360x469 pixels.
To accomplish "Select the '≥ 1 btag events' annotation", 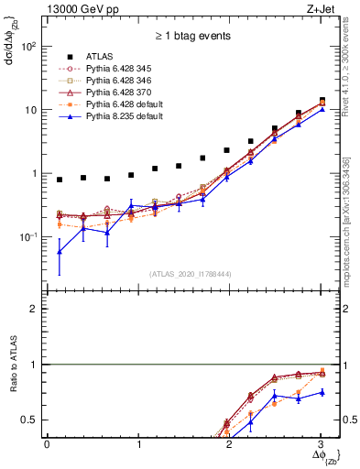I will point(191,37).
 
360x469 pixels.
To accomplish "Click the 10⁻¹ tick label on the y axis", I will point(28,237).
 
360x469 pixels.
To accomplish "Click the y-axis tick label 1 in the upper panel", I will point(37,173).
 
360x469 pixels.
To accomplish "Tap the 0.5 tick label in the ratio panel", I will point(31,420).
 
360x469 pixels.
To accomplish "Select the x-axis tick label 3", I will point(321,443).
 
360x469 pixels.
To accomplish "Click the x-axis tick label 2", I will point(230,443).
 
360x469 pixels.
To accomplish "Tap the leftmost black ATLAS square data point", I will point(60,180).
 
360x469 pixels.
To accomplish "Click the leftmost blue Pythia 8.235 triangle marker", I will point(60,251).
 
